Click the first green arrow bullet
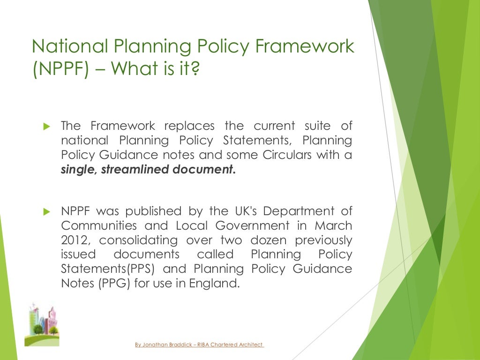[x=46, y=126]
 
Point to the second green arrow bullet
[x=46, y=212]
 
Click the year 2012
[x=73, y=240]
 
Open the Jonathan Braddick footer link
[x=199, y=345]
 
